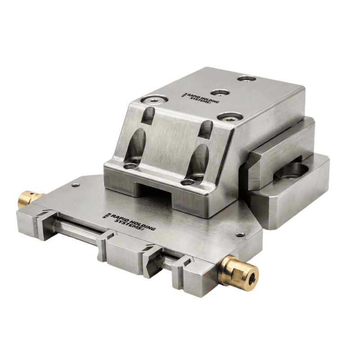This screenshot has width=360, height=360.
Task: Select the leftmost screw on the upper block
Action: (x=154, y=100)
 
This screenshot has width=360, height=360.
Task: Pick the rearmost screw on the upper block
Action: (x=247, y=79)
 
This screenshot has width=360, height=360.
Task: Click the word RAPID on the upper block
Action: (x=194, y=96)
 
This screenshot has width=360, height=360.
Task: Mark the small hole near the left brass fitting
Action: (x=75, y=185)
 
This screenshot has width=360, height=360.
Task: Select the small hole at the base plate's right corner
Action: (x=240, y=235)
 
